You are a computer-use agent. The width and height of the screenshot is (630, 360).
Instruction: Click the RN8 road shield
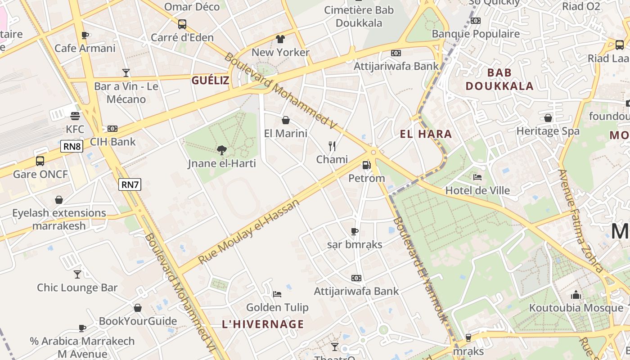pyautogui.click(x=72, y=146)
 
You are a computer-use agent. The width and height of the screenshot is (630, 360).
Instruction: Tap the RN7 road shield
pyautogui.click(x=130, y=184)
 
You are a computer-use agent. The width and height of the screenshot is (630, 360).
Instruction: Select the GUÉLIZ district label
pyautogui.click(x=210, y=81)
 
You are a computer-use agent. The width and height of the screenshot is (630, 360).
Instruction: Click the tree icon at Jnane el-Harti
pyautogui.click(x=221, y=150)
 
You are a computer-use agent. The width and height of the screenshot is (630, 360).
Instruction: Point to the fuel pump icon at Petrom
pyautogui.click(x=367, y=165)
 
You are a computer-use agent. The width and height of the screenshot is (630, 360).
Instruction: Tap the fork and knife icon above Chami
pyautogui.click(x=332, y=146)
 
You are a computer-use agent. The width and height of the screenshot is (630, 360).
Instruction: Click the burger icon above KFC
pyautogui.click(x=75, y=116)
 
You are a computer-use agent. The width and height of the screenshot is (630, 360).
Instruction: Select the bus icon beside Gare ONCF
pyautogui.click(x=40, y=161)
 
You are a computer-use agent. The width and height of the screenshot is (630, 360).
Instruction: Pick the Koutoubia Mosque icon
pyautogui.click(x=576, y=295)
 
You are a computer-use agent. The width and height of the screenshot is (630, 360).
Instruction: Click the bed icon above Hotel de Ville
pyautogui.click(x=477, y=177)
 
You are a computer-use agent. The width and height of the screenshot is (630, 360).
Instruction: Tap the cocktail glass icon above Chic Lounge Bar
pyautogui.click(x=77, y=274)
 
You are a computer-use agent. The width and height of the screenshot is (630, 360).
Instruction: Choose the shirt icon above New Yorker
pyautogui.click(x=280, y=39)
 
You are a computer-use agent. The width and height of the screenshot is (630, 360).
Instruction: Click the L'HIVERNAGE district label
pyautogui.click(x=263, y=324)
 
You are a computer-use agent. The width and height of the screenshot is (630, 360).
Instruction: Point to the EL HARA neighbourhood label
pyautogui.click(x=426, y=134)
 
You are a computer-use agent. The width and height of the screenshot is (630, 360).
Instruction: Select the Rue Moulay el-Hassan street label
pyautogui.click(x=248, y=232)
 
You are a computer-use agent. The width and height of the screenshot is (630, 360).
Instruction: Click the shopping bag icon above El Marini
pyautogui.click(x=285, y=120)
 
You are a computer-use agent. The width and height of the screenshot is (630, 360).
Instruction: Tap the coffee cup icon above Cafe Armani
pyautogui.click(x=85, y=35)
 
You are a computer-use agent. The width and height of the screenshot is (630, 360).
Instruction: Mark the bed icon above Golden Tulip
pyautogui.click(x=277, y=294)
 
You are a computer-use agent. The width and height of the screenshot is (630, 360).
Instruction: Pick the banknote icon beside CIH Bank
pyautogui.click(x=112, y=129)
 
